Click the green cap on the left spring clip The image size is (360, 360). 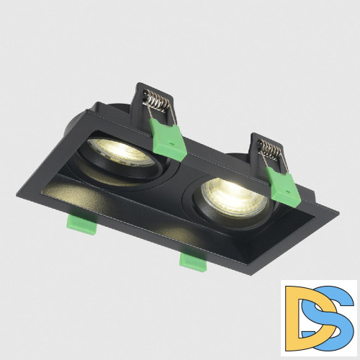(169, 137)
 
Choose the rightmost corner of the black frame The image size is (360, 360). (338, 210)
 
